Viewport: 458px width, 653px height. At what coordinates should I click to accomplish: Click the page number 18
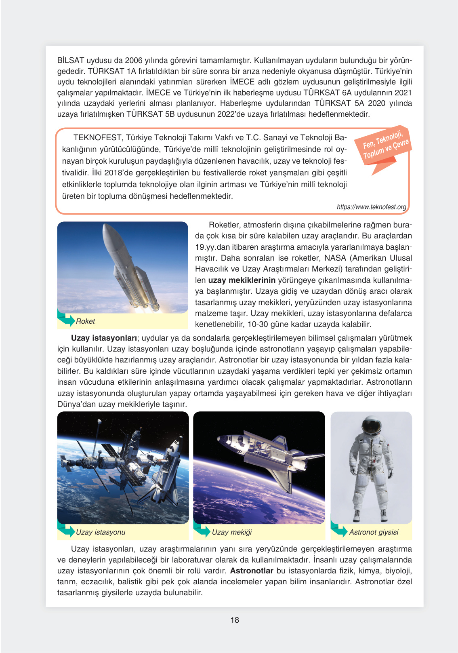pyautogui.click(x=235, y=620)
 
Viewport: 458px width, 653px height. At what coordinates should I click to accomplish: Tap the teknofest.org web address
pyautogui.click(x=371, y=207)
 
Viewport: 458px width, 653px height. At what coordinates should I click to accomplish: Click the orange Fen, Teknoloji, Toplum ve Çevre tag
pyautogui.click(x=383, y=146)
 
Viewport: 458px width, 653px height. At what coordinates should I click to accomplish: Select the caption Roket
pyautogui.click(x=85, y=321)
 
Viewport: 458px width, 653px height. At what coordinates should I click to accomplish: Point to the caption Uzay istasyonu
pyautogui.click(x=101, y=532)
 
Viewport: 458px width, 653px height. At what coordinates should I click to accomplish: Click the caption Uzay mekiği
pyautogui.click(x=231, y=532)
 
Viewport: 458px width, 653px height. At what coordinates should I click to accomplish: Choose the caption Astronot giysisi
pyautogui.click(x=374, y=532)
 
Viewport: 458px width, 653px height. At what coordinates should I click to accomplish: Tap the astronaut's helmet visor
pyautogui.click(x=371, y=426)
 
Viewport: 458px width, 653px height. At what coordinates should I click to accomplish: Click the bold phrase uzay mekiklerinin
pyautogui.click(x=242, y=280)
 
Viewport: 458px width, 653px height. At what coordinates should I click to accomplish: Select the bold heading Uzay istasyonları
pyautogui.click(x=104, y=338)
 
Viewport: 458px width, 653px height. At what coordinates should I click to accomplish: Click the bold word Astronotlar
pyautogui.click(x=252, y=571)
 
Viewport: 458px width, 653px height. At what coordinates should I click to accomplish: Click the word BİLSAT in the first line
pyautogui.click(x=71, y=61)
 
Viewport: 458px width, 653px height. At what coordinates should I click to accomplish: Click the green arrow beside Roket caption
pyautogui.click(x=66, y=319)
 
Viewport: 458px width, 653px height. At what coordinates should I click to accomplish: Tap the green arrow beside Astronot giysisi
pyautogui.click(x=339, y=530)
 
